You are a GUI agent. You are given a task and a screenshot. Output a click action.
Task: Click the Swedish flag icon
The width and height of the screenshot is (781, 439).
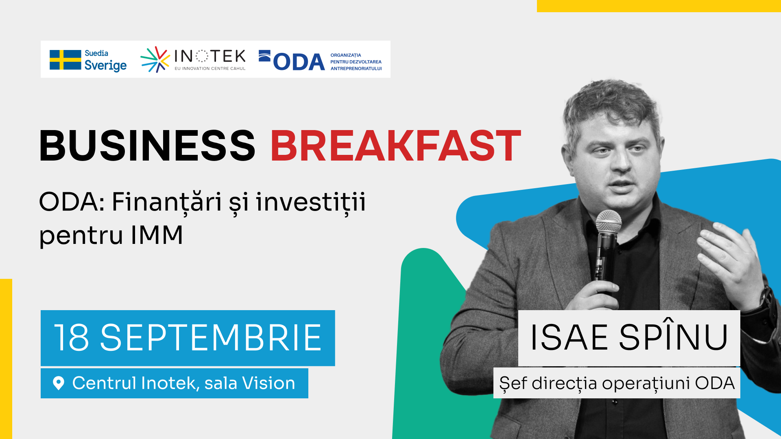click(x=65, y=60)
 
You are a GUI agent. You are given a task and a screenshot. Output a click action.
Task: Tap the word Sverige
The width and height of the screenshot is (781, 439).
click(x=105, y=65)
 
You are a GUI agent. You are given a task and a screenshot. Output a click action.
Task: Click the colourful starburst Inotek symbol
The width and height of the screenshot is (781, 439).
click(x=155, y=59)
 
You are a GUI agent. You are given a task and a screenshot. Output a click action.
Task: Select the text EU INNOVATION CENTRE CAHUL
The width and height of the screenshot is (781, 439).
click(x=210, y=69)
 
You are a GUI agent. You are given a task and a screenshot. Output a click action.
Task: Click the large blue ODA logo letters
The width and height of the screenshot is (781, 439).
click(x=299, y=62)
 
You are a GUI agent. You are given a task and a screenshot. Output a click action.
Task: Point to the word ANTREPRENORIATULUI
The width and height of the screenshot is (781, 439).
click(x=356, y=69)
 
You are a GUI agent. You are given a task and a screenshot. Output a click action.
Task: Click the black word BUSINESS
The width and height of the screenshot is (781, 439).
click(x=147, y=146)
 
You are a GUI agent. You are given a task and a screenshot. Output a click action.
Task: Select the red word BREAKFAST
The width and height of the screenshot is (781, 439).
click(x=395, y=146)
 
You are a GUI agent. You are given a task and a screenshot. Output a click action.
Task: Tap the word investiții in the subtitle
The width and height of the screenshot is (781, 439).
click(x=311, y=202)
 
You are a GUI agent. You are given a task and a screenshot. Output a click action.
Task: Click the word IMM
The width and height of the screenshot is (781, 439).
click(x=157, y=235)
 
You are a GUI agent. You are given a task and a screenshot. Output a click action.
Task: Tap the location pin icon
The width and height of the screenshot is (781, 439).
click(x=59, y=383)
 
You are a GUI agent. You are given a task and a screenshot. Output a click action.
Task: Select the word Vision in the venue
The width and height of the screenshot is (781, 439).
click(x=268, y=383)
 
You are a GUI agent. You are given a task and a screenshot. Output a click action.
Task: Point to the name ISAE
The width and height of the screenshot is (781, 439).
click(x=569, y=337)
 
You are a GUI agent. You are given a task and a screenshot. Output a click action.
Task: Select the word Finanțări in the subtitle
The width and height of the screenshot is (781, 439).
click(x=167, y=202)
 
